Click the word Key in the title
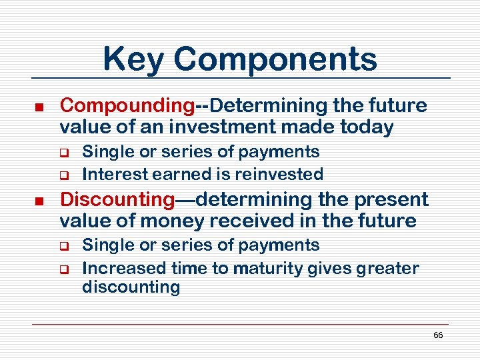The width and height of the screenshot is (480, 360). pyautogui.click(x=132, y=59)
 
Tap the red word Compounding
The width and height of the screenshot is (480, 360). pyautogui.click(x=127, y=105)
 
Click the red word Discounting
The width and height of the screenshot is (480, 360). pyautogui.click(x=117, y=199)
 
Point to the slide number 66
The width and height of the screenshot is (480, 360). pyautogui.click(x=438, y=335)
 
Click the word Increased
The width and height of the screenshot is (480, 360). pyautogui.click(x=124, y=269)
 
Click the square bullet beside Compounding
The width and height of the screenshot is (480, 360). pyautogui.click(x=39, y=107)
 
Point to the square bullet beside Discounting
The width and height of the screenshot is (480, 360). pyautogui.click(x=39, y=201)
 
